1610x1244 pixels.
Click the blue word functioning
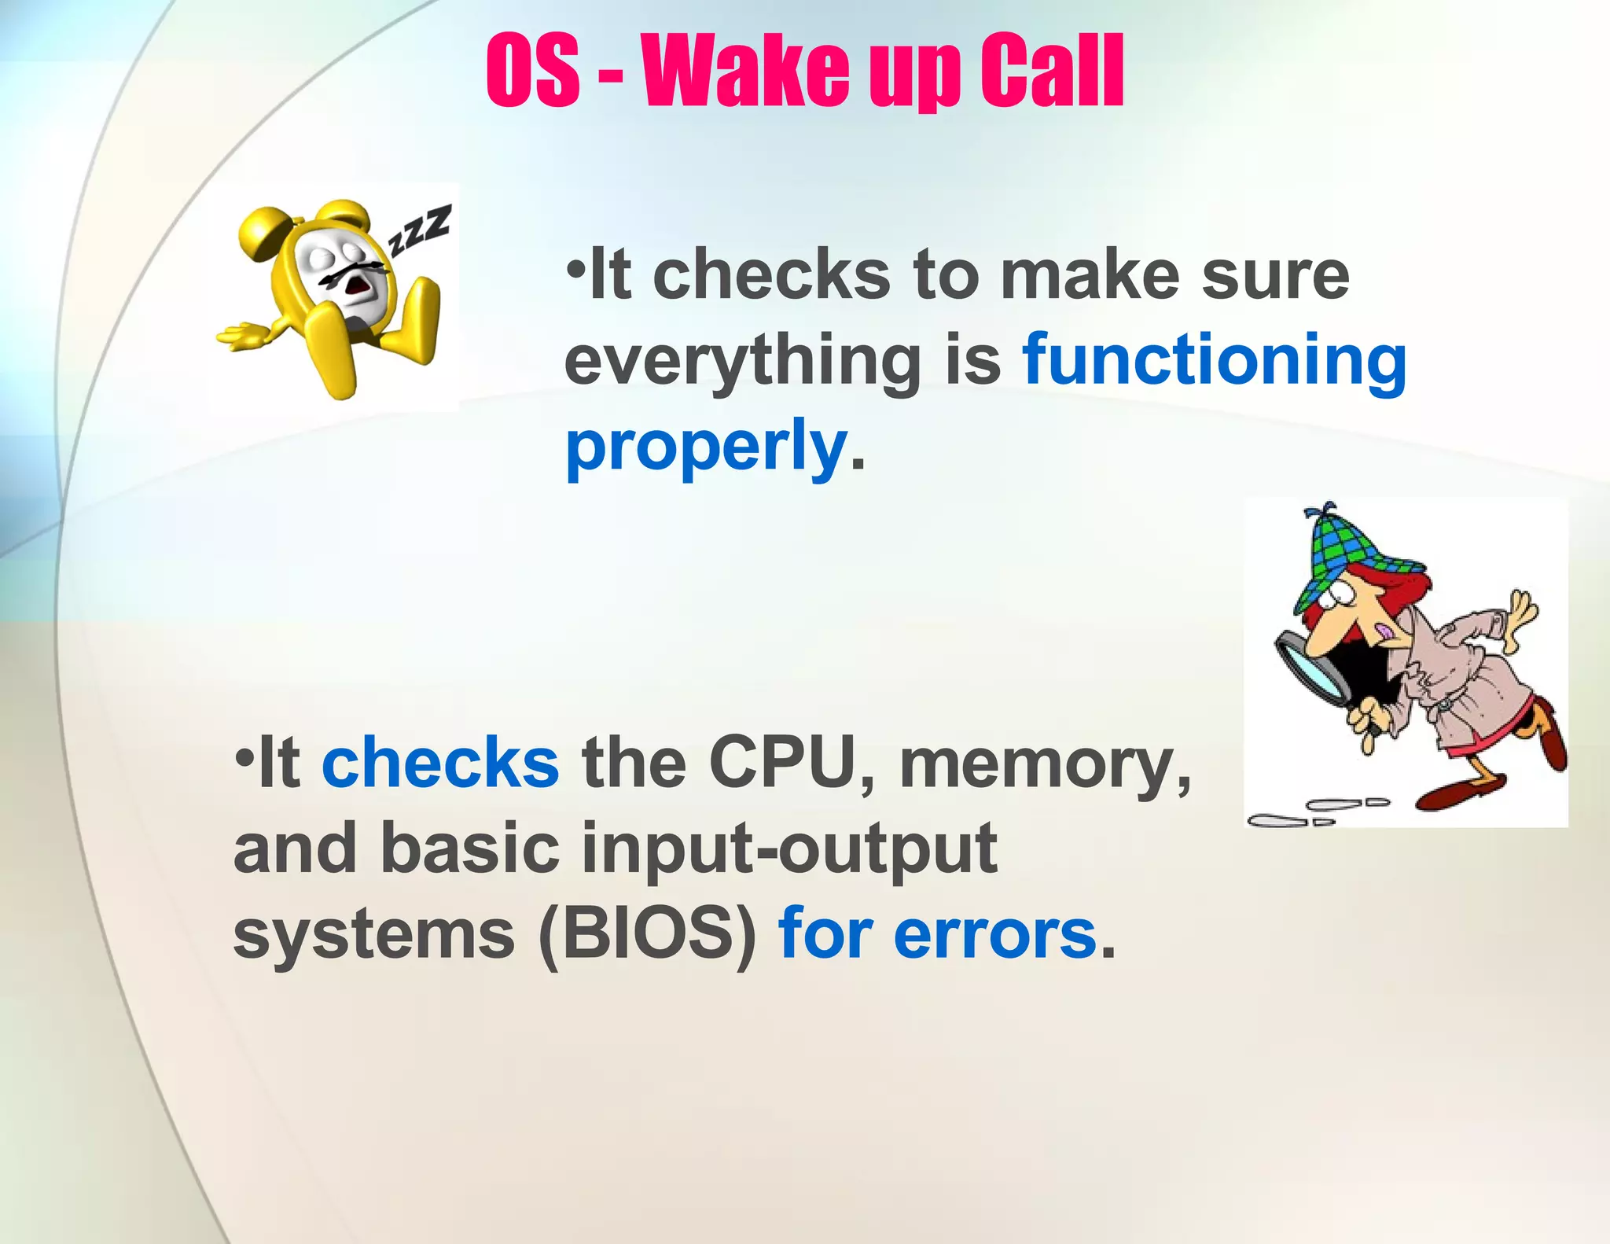[1214, 362]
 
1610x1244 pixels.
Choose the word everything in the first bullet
[742, 362]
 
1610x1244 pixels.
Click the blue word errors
[994, 934]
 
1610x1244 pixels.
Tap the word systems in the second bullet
[374, 934]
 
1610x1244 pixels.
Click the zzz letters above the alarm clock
[421, 229]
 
